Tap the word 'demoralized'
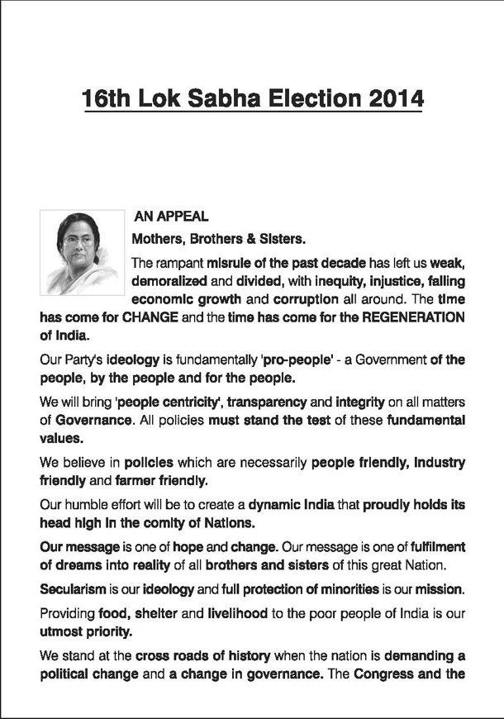tap(170, 283)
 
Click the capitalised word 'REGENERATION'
tap(410, 317)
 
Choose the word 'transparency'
tap(265, 402)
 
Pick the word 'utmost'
tap(62, 631)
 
